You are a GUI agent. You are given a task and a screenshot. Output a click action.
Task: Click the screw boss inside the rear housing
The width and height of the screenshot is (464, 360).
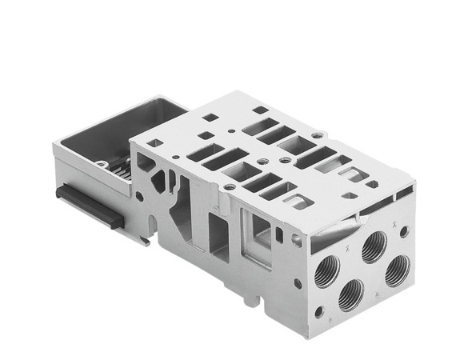(x=102, y=165)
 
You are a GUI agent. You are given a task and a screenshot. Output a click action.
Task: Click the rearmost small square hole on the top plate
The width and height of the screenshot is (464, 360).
(x=259, y=110)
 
